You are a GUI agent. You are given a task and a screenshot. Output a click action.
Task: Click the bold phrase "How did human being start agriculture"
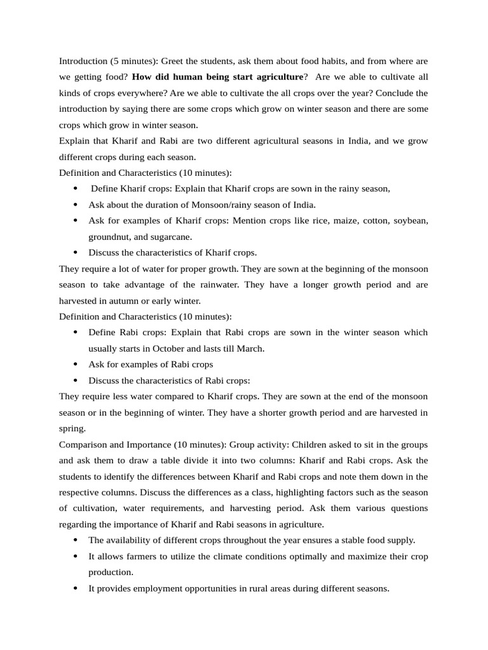tap(218, 77)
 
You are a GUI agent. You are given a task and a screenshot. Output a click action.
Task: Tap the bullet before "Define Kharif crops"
tap(76, 189)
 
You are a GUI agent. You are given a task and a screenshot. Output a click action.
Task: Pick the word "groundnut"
tap(109, 236)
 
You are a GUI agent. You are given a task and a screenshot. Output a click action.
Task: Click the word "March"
tap(250, 348)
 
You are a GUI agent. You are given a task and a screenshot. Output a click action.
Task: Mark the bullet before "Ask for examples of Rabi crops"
tap(76, 364)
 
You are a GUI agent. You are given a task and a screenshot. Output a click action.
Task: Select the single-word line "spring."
tap(71, 428)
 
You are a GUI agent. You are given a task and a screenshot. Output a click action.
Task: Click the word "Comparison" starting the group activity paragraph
tap(83, 444)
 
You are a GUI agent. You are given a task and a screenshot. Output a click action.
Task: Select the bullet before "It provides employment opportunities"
tap(76, 588)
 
